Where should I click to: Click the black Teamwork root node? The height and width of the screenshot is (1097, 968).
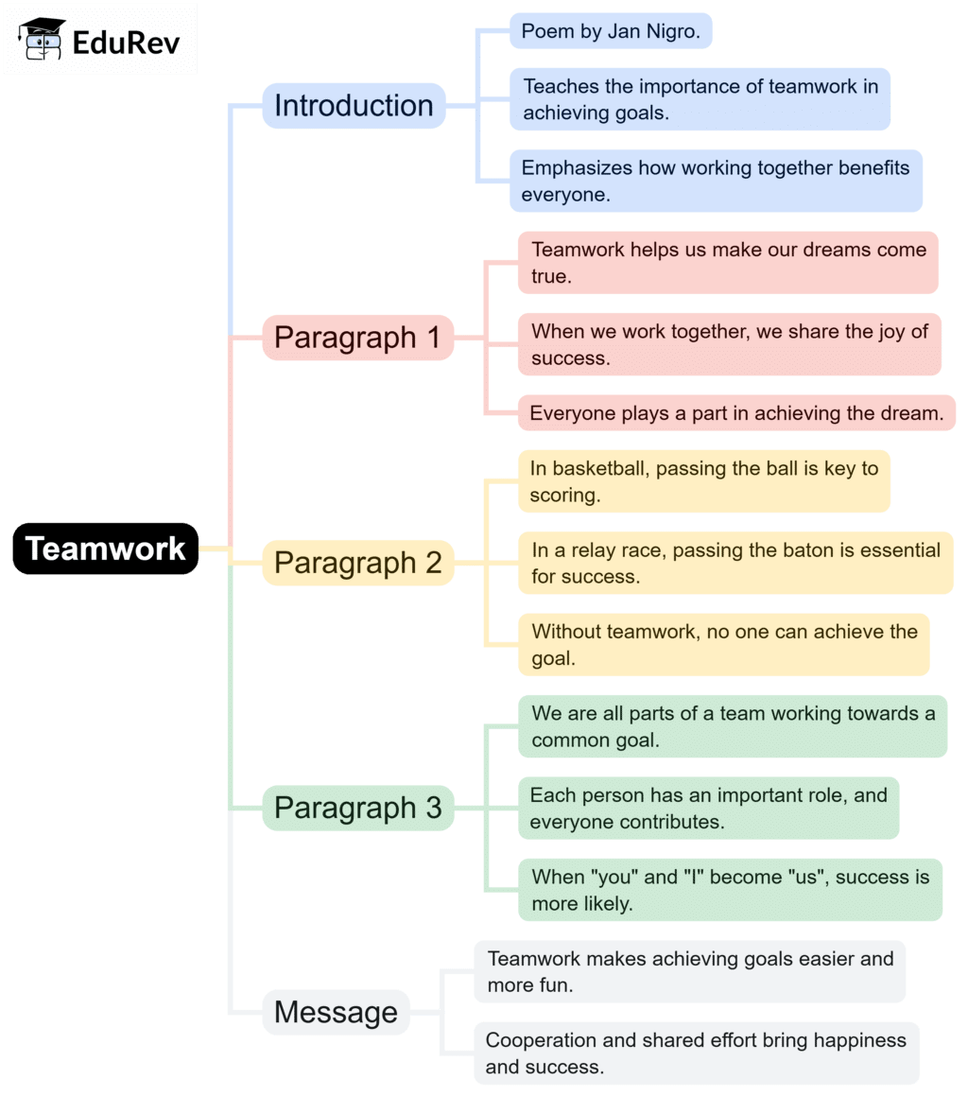click(106, 548)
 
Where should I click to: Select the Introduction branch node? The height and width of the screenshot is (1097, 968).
click(354, 106)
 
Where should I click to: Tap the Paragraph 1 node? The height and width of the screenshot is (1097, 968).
click(357, 338)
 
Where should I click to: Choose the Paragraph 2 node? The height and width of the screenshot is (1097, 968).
click(357, 563)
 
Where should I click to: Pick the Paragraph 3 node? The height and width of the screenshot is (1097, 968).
click(357, 809)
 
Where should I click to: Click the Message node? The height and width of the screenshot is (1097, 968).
click(336, 1013)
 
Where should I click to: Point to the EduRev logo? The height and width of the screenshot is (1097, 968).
click(100, 40)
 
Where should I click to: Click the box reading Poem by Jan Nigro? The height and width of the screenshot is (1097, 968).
click(610, 31)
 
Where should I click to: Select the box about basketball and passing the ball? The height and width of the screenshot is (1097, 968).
click(703, 481)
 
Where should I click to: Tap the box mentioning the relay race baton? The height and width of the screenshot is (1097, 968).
click(735, 563)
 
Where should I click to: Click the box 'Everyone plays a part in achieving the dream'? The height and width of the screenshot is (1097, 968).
click(736, 413)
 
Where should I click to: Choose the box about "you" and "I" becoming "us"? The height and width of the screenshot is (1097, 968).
click(730, 890)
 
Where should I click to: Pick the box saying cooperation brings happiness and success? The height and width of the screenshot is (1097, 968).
click(696, 1053)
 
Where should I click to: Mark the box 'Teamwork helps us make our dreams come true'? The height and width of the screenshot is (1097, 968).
click(728, 263)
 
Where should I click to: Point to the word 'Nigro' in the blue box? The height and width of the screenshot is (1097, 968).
click(670, 31)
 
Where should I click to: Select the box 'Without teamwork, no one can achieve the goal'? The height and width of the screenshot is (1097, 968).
click(723, 645)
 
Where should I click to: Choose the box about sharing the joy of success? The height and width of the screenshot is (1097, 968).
click(729, 344)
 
